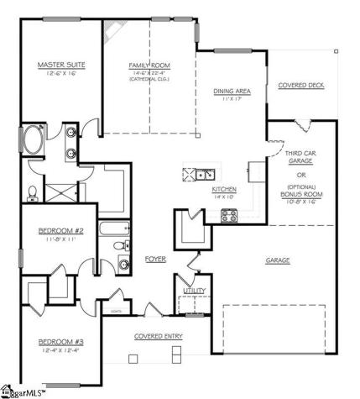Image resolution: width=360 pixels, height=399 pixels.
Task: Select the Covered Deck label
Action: (x=301, y=85)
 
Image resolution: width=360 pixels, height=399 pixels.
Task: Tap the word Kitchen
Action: (x=223, y=189)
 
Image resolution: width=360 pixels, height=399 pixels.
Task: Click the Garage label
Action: (x=278, y=260)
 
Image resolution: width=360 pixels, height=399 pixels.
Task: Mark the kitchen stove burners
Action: (x=228, y=215)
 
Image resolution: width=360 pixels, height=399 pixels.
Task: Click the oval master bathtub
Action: (x=34, y=140)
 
